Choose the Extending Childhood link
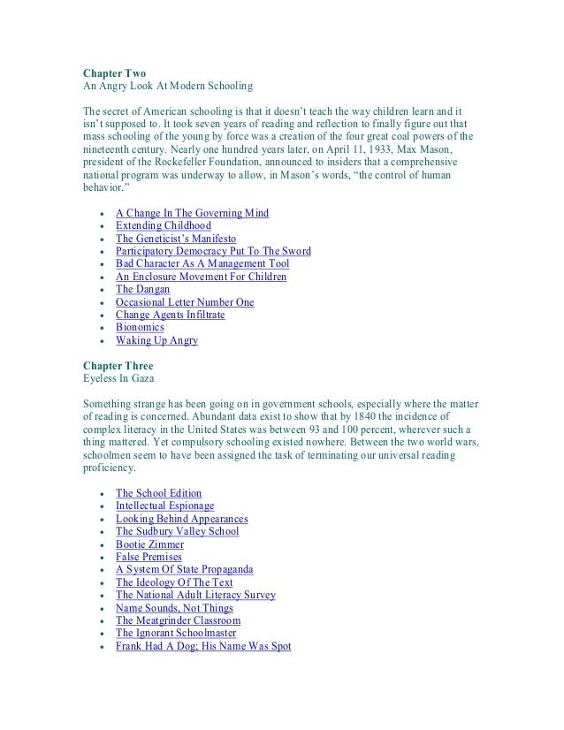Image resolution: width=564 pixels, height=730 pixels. click(x=164, y=226)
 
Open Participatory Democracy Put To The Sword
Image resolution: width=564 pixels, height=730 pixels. click(x=213, y=252)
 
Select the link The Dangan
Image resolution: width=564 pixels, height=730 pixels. click(x=143, y=289)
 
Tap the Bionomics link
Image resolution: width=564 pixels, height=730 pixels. click(x=140, y=327)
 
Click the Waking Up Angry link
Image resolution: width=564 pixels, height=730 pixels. click(x=156, y=340)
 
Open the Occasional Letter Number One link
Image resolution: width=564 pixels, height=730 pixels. click(x=185, y=302)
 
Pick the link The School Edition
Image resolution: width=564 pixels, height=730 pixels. click(x=159, y=493)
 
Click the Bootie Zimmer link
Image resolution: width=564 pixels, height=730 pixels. click(x=149, y=544)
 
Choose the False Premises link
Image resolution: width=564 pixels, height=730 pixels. click(x=149, y=557)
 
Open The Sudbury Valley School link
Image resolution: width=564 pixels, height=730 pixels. click(x=178, y=531)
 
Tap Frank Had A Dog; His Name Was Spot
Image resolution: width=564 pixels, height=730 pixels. click(x=203, y=646)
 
